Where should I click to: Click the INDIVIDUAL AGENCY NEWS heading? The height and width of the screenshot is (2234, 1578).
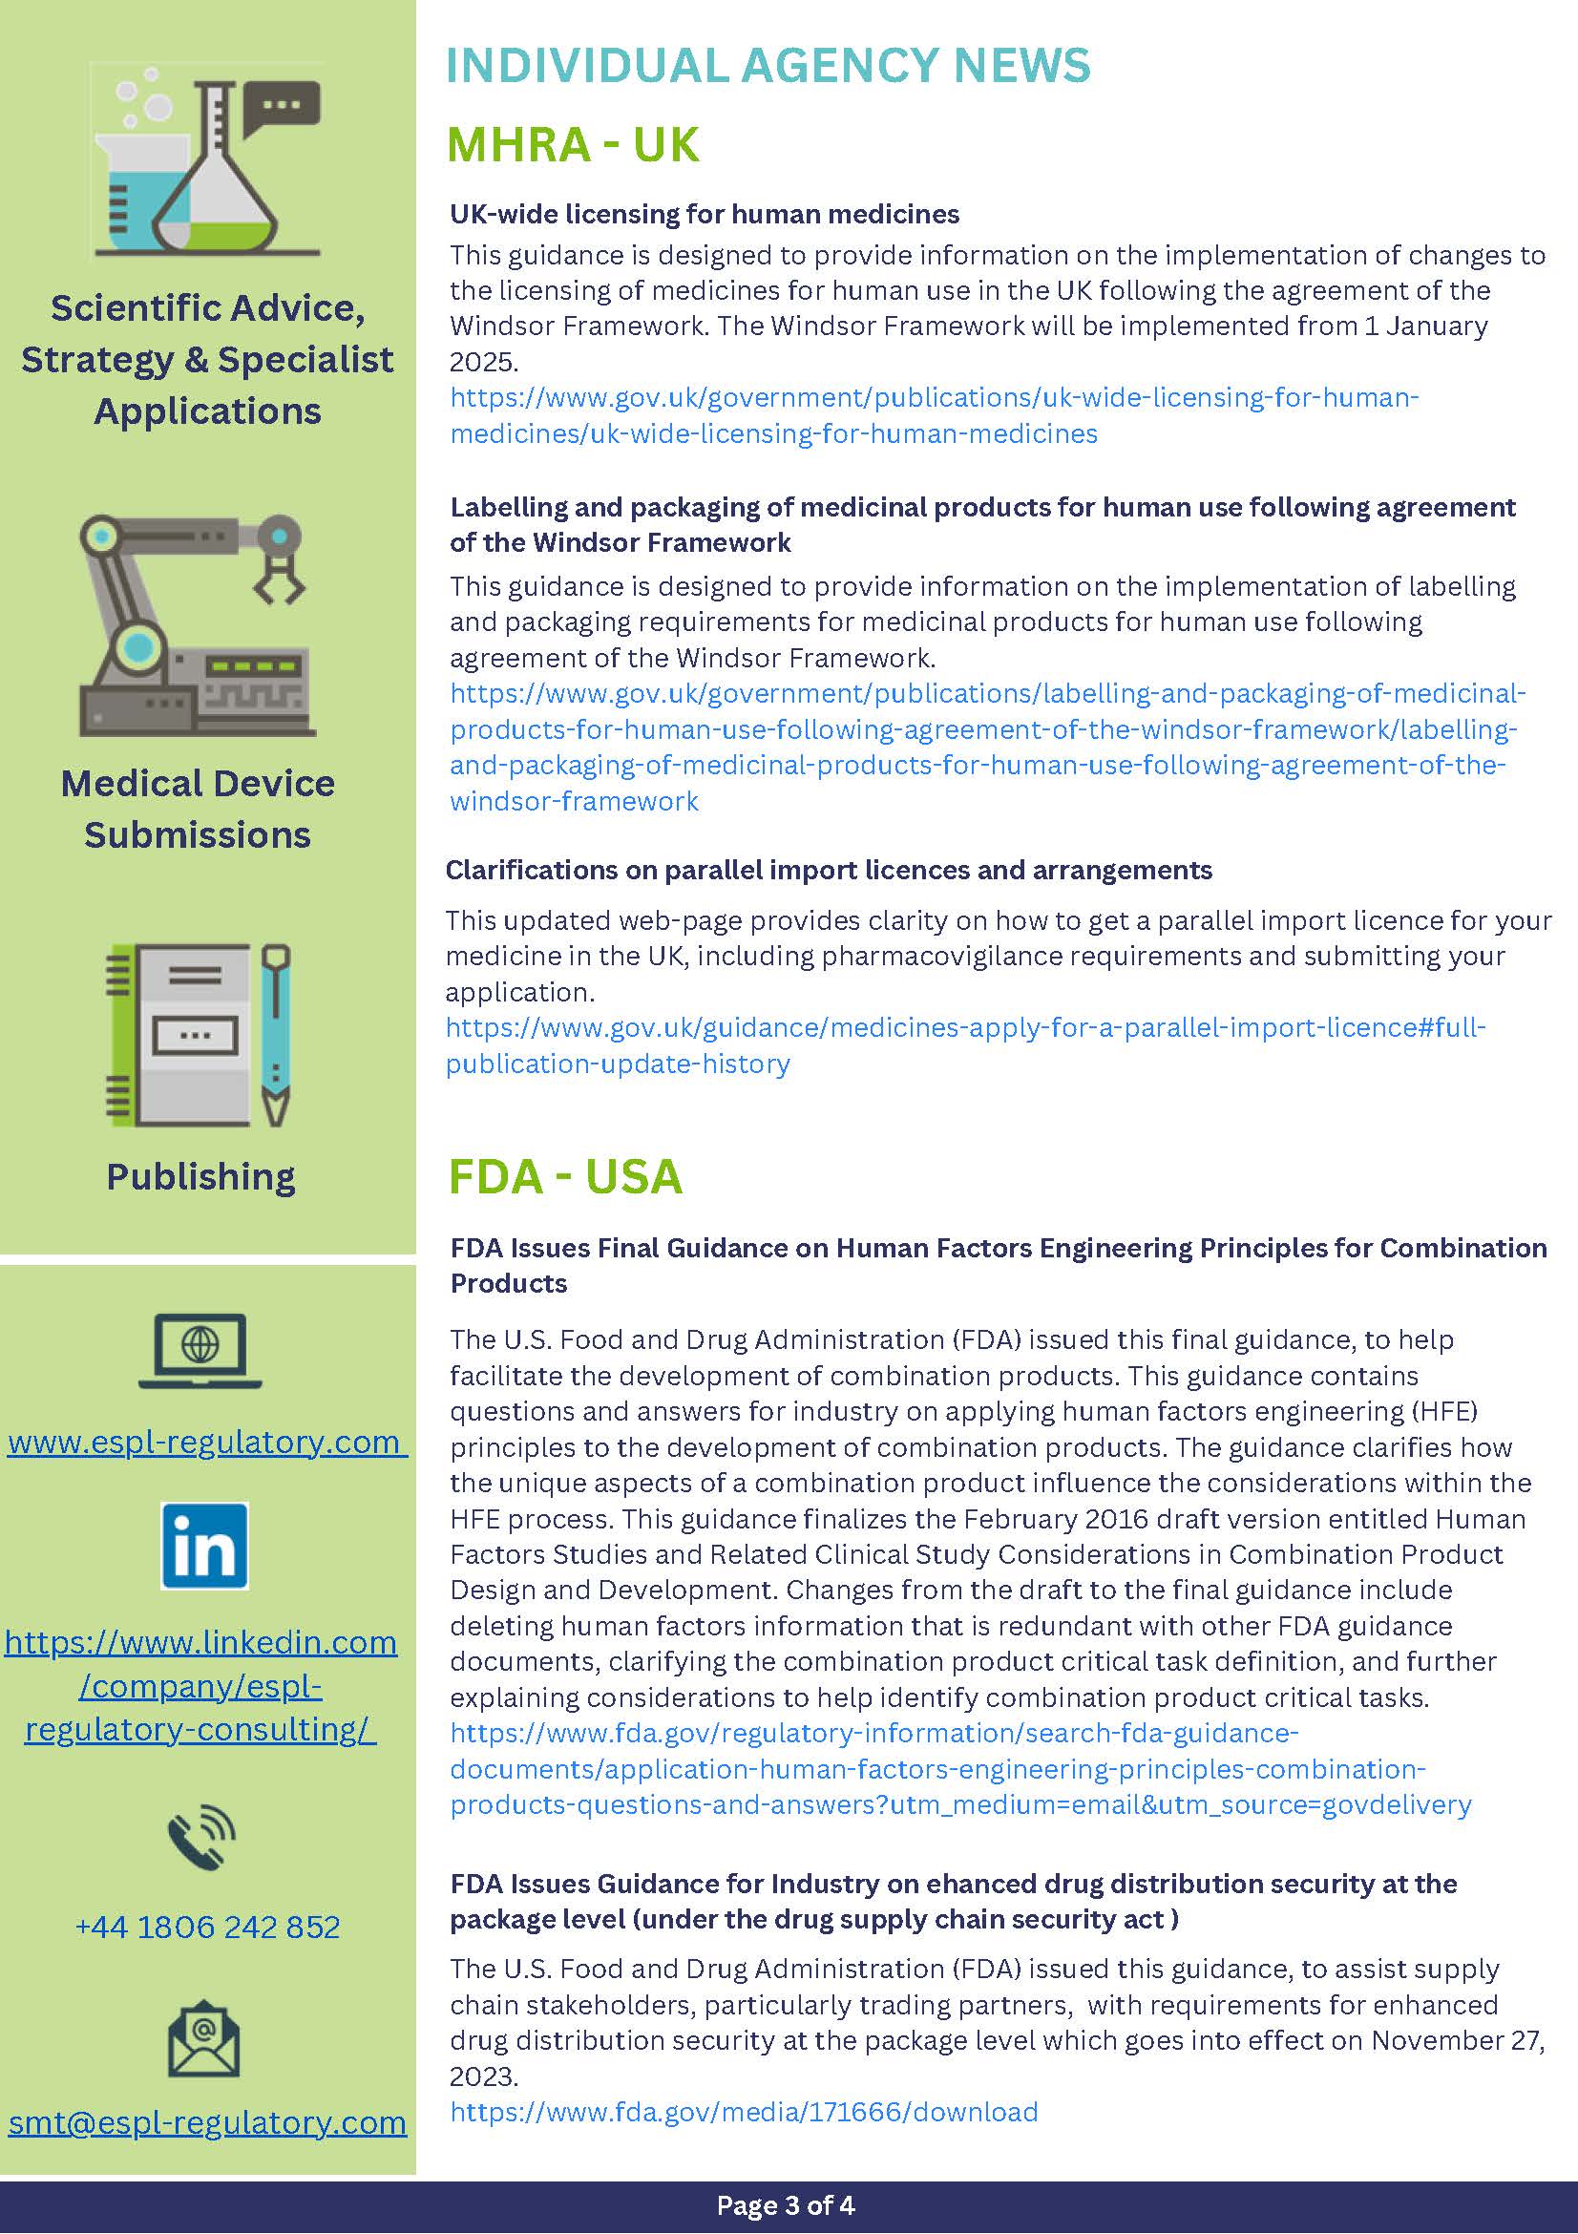(x=768, y=65)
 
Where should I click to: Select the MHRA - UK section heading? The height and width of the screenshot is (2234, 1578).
(x=572, y=144)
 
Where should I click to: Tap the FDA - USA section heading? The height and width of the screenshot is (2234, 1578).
(x=564, y=1175)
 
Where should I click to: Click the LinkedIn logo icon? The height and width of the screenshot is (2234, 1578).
(x=204, y=1545)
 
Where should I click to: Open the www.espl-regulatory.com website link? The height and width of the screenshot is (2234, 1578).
(x=206, y=1441)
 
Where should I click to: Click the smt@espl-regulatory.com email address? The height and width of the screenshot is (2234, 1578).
(x=207, y=2121)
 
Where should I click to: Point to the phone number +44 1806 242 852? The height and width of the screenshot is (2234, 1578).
(x=207, y=1926)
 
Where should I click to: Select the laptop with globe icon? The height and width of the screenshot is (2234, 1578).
(x=200, y=1350)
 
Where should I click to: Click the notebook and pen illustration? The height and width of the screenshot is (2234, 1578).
(x=199, y=1035)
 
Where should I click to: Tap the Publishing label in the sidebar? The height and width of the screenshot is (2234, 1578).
(x=200, y=1175)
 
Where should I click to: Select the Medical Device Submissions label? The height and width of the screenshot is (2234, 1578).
(x=198, y=809)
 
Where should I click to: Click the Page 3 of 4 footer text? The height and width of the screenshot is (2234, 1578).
(x=785, y=2204)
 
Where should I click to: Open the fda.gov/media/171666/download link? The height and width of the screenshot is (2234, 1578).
(x=744, y=2112)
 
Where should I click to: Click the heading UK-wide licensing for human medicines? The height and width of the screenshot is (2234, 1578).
(x=705, y=214)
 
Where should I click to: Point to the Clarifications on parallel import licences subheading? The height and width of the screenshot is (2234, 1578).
(x=828, y=870)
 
